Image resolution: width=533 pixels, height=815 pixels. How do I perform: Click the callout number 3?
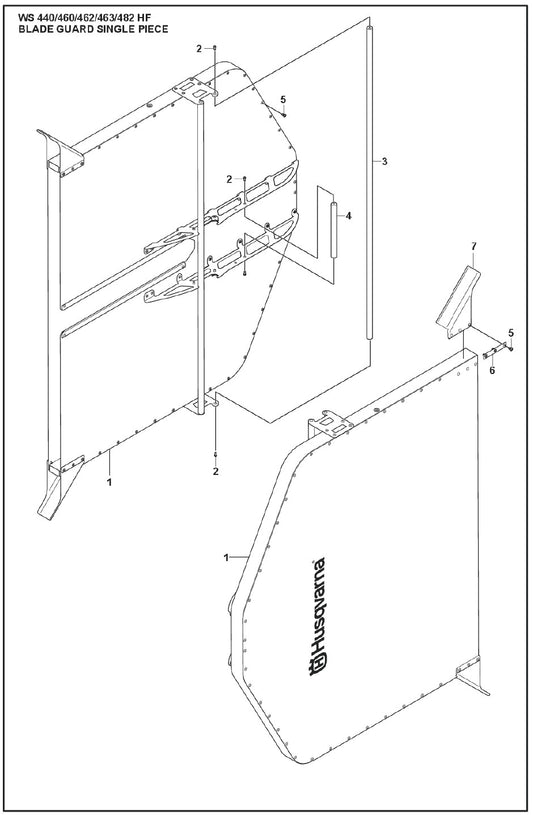pyautogui.click(x=384, y=162)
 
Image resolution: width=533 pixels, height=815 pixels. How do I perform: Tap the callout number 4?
pyautogui.click(x=348, y=216)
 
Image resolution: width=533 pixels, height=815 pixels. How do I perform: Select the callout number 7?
pyautogui.click(x=474, y=246)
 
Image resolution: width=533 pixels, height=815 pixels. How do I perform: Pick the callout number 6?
pyautogui.click(x=492, y=371)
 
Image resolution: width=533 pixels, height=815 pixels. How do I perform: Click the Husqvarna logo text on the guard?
pyautogui.click(x=318, y=617)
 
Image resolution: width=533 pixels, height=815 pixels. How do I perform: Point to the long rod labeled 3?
pyautogui.click(x=370, y=182)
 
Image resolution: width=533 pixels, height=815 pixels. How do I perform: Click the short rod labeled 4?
pyautogui.click(x=334, y=229)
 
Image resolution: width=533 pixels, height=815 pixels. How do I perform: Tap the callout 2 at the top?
pyautogui.click(x=199, y=49)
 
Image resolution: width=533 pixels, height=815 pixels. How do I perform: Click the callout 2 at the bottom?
pyautogui.click(x=215, y=471)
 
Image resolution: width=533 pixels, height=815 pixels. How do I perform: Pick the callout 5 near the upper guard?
pyautogui.click(x=283, y=99)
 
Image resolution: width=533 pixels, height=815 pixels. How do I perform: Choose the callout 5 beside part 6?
pyautogui.click(x=511, y=332)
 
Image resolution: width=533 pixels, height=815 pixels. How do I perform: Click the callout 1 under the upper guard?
pyautogui.click(x=109, y=482)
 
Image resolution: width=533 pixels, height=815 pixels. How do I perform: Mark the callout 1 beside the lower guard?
pyautogui.click(x=226, y=558)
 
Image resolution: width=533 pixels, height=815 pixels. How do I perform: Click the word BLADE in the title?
pyautogui.click(x=32, y=29)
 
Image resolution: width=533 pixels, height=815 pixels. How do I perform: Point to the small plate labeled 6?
pyautogui.click(x=493, y=352)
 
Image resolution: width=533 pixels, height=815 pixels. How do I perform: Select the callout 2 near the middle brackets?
pyautogui.click(x=229, y=179)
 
